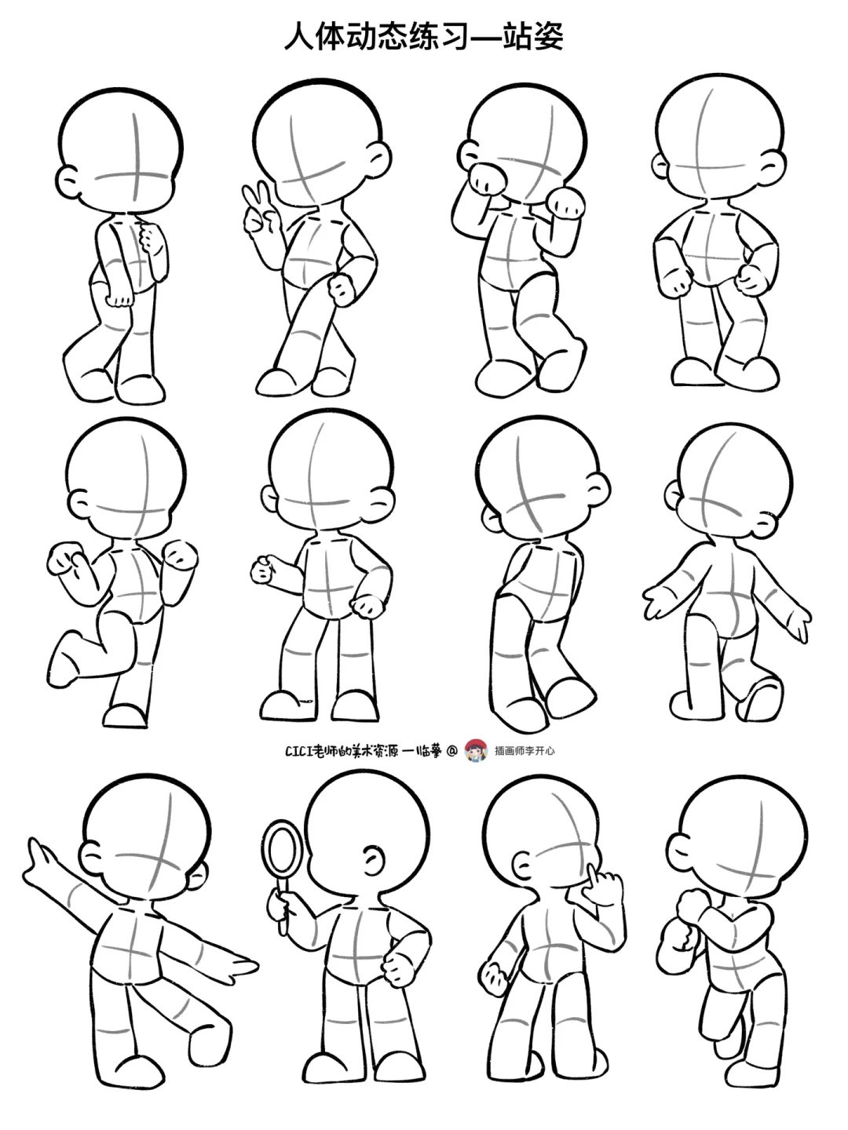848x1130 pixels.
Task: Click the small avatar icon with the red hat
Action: [477, 751]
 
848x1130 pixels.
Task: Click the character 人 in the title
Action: [299, 36]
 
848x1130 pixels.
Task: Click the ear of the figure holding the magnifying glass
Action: [374, 858]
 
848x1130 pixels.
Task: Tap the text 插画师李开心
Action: [525, 751]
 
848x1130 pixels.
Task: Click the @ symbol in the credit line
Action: [451, 751]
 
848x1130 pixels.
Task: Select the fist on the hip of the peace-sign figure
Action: [343, 290]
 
